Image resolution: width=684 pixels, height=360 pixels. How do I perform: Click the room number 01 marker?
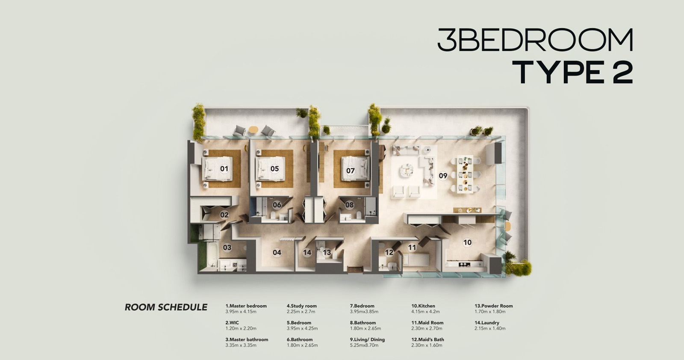pos(224,168)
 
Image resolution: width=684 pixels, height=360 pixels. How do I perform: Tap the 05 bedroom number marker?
pos(274,168)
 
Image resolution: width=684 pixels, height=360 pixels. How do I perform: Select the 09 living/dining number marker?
pos(443,176)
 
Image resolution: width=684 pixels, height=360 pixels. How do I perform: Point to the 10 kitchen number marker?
pos(468,242)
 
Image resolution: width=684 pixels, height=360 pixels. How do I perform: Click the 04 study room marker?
pos(277,253)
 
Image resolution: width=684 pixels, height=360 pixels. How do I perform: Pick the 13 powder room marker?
pos(327,253)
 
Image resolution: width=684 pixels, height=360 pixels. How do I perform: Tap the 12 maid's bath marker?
pos(389,253)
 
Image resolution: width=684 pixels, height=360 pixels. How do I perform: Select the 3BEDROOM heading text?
pos(535,40)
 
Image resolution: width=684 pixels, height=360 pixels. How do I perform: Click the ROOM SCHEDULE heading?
pos(166,307)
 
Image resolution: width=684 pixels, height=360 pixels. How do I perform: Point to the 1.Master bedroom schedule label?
pos(246,306)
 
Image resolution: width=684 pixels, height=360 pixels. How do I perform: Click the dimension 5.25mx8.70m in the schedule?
pos(364,345)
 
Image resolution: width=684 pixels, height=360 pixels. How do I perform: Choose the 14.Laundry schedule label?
pos(487,323)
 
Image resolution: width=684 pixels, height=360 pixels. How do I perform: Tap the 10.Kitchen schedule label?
pos(423,306)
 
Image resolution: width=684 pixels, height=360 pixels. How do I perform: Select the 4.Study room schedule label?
pos(302,306)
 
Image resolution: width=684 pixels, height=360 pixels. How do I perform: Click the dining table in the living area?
pos(465,174)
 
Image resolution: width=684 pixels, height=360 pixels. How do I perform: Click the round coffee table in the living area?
pos(407,170)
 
